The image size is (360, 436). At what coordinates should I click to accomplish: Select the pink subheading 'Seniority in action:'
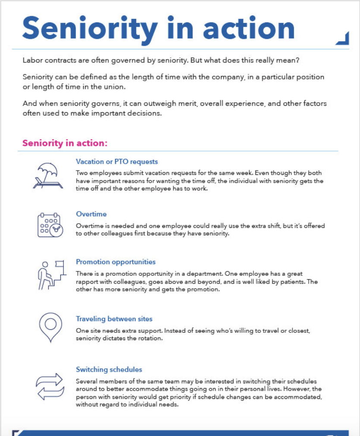(65, 143)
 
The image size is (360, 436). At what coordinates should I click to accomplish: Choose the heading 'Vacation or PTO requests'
(117, 162)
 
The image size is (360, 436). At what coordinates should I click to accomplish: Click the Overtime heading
(91, 214)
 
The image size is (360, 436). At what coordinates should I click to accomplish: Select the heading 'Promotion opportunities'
(116, 262)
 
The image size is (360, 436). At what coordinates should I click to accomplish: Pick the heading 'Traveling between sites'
(114, 319)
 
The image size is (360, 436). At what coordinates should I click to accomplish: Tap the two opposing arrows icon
(49, 386)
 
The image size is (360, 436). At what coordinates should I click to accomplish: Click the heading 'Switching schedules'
(109, 370)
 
